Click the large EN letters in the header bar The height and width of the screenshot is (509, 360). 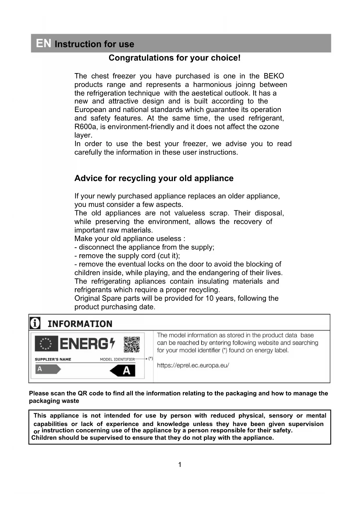click(x=44, y=43)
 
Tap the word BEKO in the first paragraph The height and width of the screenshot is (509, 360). click(x=274, y=76)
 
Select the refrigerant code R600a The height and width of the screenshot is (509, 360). click(x=86, y=127)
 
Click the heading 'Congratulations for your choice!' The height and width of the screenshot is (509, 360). click(x=174, y=58)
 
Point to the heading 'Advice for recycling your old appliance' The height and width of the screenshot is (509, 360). click(x=154, y=178)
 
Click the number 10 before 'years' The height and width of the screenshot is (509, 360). click(x=209, y=298)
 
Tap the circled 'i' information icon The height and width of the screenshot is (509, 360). click(x=35, y=323)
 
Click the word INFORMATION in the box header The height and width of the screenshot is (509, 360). click(x=80, y=324)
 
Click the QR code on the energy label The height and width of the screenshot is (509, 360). click(x=132, y=344)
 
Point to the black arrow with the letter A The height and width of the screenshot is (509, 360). click(x=123, y=371)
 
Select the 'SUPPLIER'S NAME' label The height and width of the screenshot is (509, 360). click(x=53, y=359)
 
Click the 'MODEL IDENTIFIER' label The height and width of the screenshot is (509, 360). click(x=117, y=359)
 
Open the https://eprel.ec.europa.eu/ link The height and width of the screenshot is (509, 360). click(x=193, y=365)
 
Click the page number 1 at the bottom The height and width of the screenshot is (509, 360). click(x=180, y=465)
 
